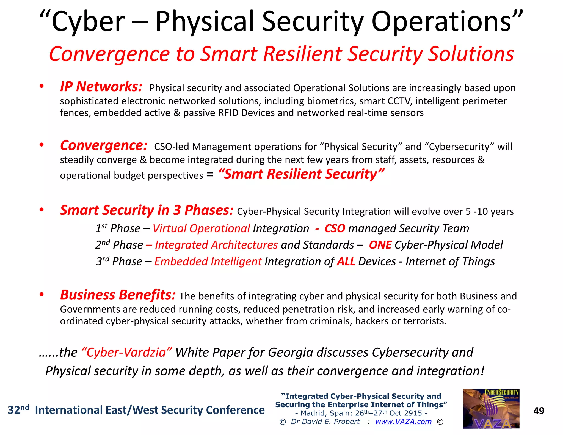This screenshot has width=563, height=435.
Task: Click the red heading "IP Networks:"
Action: click(x=101, y=87)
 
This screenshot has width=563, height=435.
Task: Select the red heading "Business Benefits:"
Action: click(x=118, y=295)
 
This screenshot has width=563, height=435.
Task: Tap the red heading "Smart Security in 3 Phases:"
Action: click(x=147, y=210)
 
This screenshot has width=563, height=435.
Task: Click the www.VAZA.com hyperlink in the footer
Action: click(x=403, y=422)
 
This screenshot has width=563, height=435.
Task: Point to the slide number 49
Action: click(x=539, y=411)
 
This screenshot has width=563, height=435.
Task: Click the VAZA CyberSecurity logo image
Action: click(x=491, y=409)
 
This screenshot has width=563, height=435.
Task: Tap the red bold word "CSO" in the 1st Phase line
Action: click(x=335, y=228)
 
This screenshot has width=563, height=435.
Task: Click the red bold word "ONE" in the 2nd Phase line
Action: click(x=380, y=245)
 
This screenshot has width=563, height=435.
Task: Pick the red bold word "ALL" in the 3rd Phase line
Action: click(x=346, y=261)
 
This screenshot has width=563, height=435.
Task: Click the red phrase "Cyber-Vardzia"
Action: click(x=127, y=353)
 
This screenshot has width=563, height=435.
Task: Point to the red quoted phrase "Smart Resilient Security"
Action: click(x=301, y=174)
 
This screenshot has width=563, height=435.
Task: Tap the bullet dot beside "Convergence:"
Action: click(x=42, y=145)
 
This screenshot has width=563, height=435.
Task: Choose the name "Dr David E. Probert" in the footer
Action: click(x=325, y=422)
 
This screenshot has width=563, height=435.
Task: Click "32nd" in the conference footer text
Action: click(x=18, y=410)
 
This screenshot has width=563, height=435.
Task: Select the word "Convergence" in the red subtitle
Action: click(x=109, y=54)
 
